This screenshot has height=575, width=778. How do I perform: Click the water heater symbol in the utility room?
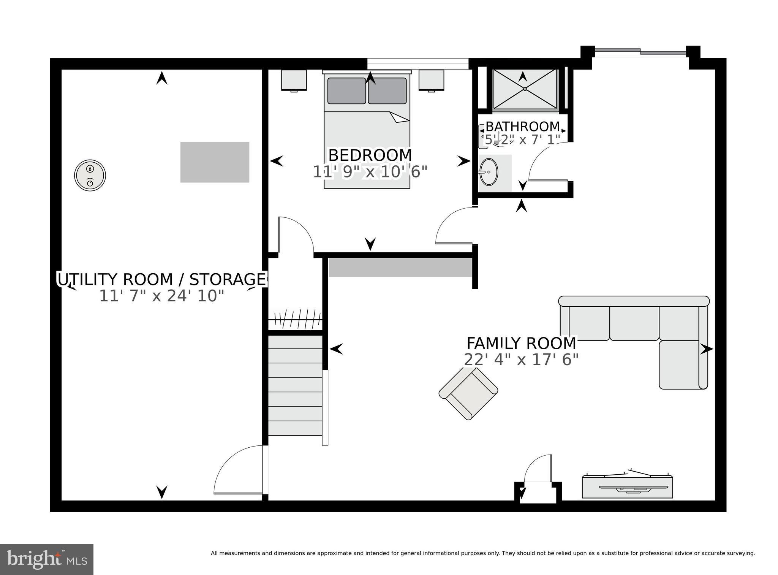[x=90, y=175]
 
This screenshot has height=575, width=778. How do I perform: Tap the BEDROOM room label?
[x=370, y=155]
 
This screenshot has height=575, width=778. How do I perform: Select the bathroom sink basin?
[x=489, y=172]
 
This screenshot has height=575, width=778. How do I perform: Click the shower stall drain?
[x=525, y=89]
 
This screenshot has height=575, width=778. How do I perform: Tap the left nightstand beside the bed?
[x=294, y=80]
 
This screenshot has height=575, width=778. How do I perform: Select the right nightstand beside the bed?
[x=431, y=80]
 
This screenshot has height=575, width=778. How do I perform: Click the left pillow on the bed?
[x=346, y=91]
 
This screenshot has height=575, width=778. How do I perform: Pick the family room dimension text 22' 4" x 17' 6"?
[x=521, y=360]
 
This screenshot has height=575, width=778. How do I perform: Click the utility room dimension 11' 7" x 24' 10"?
[x=161, y=296]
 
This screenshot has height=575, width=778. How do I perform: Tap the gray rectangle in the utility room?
[x=215, y=162]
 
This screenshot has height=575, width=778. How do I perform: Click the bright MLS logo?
[x=47, y=559]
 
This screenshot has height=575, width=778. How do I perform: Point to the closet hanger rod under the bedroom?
[x=296, y=319]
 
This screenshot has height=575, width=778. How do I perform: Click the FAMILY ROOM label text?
[x=521, y=343]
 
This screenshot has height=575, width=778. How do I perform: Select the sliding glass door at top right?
[x=640, y=52]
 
